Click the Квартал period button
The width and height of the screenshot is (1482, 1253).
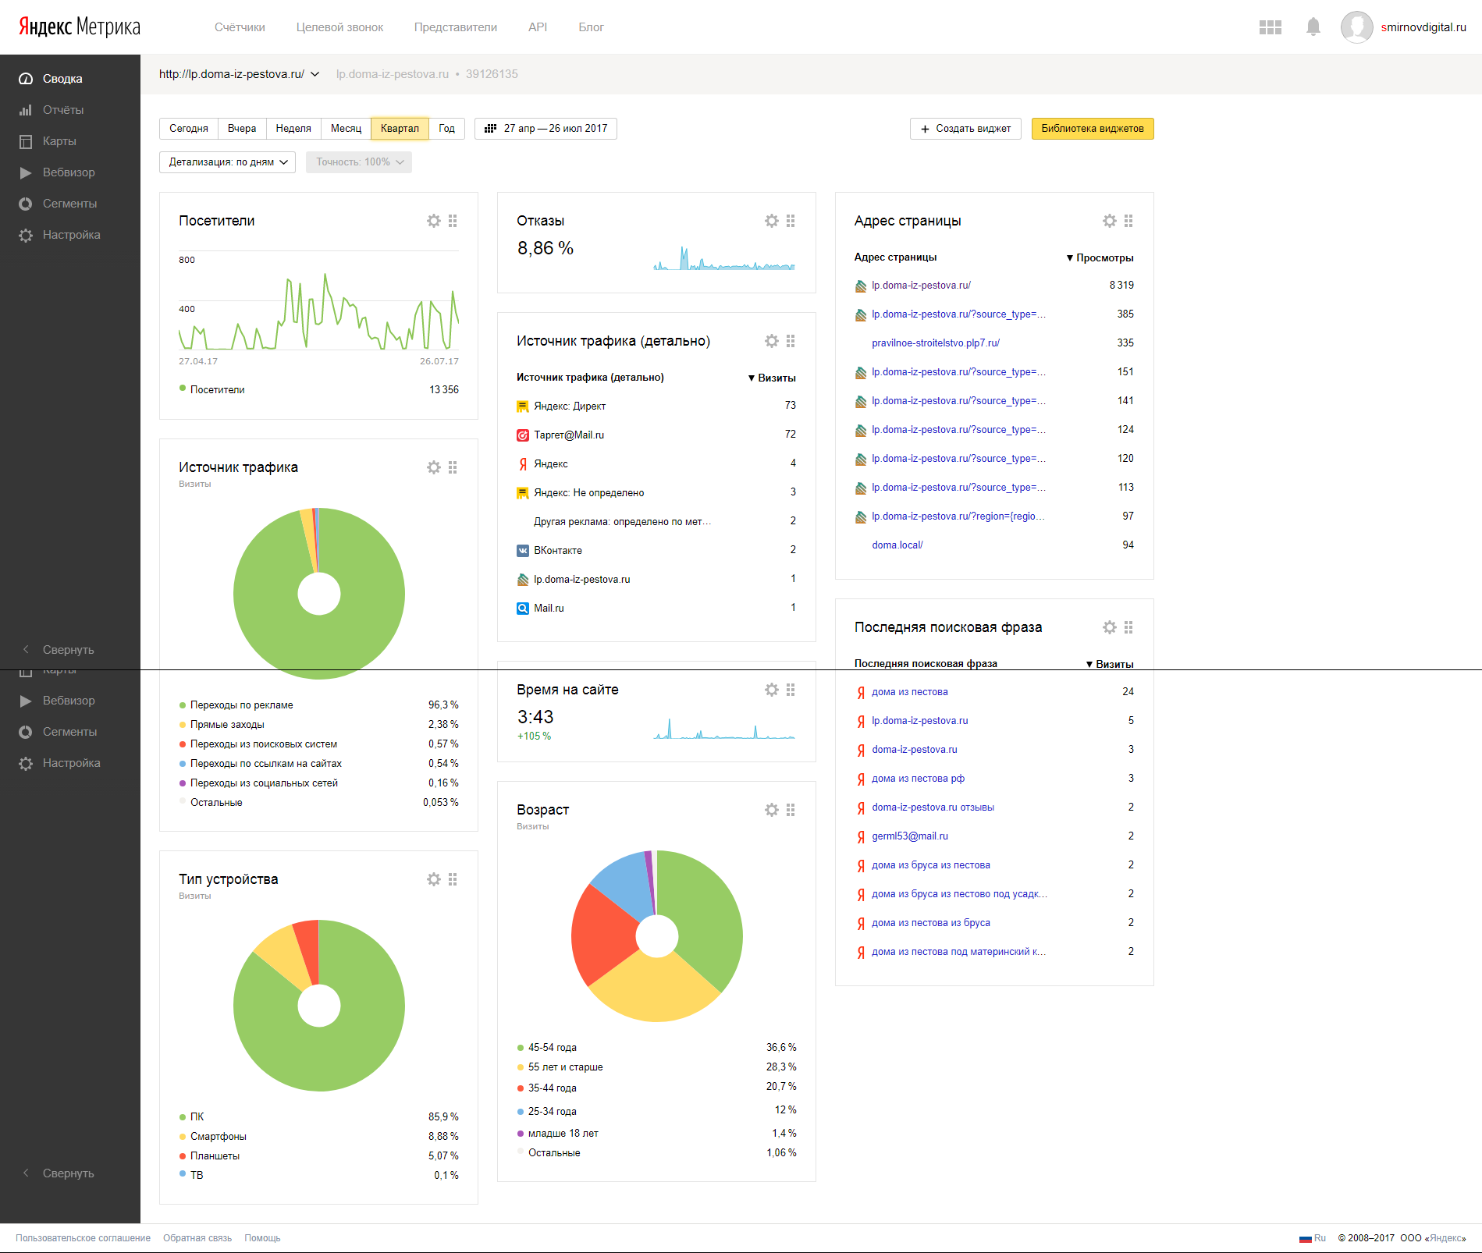(400, 129)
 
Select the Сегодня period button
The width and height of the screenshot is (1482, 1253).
(189, 129)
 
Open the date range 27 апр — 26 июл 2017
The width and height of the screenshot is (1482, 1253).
(546, 129)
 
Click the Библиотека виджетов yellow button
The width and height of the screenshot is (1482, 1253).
(1093, 129)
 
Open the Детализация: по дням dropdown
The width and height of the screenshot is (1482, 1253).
(228, 162)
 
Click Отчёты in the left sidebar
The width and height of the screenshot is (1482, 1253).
(63, 110)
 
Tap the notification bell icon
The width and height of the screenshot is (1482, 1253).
(1313, 27)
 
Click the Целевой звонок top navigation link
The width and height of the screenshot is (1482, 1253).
(339, 27)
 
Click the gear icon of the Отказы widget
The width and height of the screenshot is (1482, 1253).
(772, 221)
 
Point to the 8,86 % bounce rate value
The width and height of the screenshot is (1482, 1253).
(546, 248)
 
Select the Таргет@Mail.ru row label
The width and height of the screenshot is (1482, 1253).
(569, 435)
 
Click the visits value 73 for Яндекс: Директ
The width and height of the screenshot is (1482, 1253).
(791, 406)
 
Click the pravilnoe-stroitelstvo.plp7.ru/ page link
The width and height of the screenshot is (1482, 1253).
(936, 343)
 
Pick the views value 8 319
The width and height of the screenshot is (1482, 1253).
(1121, 286)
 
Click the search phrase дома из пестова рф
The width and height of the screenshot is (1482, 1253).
(919, 779)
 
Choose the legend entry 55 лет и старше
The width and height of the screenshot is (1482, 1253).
(566, 1067)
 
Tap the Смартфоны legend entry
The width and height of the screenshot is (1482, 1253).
(219, 1137)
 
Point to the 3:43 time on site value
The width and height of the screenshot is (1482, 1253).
(535, 717)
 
